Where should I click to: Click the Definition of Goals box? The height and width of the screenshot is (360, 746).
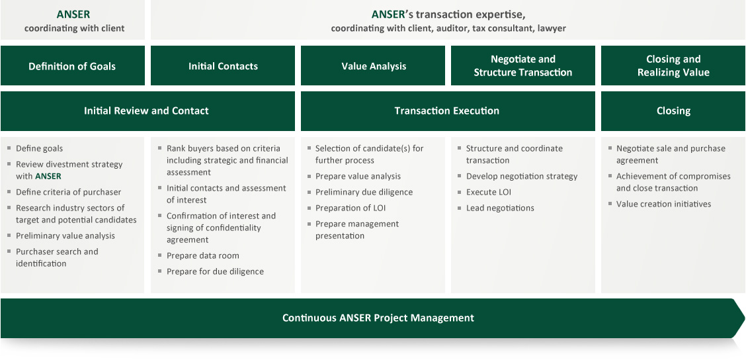[72, 66]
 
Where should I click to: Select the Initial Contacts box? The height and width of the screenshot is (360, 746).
[223, 66]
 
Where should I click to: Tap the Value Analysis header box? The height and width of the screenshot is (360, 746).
[373, 66]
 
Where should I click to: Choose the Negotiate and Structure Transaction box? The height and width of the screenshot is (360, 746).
[523, 66]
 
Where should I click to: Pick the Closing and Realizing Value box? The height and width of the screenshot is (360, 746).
[673, 66]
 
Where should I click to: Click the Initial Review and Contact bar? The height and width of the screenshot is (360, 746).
[147, 111]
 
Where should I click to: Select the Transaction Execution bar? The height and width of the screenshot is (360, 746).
[448, 111]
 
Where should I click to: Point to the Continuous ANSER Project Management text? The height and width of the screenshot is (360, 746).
[378, 318]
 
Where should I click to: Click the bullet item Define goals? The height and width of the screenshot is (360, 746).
[40, 149]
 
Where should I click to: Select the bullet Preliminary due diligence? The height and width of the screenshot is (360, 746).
[364, 193]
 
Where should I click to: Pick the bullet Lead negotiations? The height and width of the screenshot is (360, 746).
[500, 208]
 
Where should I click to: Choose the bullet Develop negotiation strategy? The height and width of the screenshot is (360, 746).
[522, 177]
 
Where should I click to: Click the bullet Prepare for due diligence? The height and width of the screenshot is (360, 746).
[215, 272]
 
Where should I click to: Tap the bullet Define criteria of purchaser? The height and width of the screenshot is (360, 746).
[69, 193]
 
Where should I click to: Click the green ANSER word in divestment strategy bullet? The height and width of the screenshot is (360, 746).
[48, 177]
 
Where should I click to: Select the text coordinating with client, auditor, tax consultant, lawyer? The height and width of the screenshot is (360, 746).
[448, 28]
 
